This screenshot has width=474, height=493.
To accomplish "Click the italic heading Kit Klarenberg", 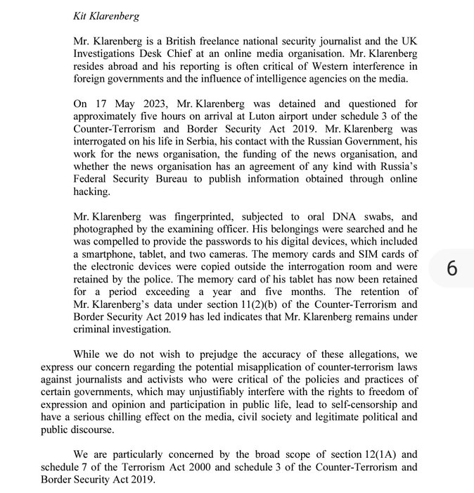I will (x=106, y=15).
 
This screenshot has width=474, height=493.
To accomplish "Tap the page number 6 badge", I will (x=451, y=269).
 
